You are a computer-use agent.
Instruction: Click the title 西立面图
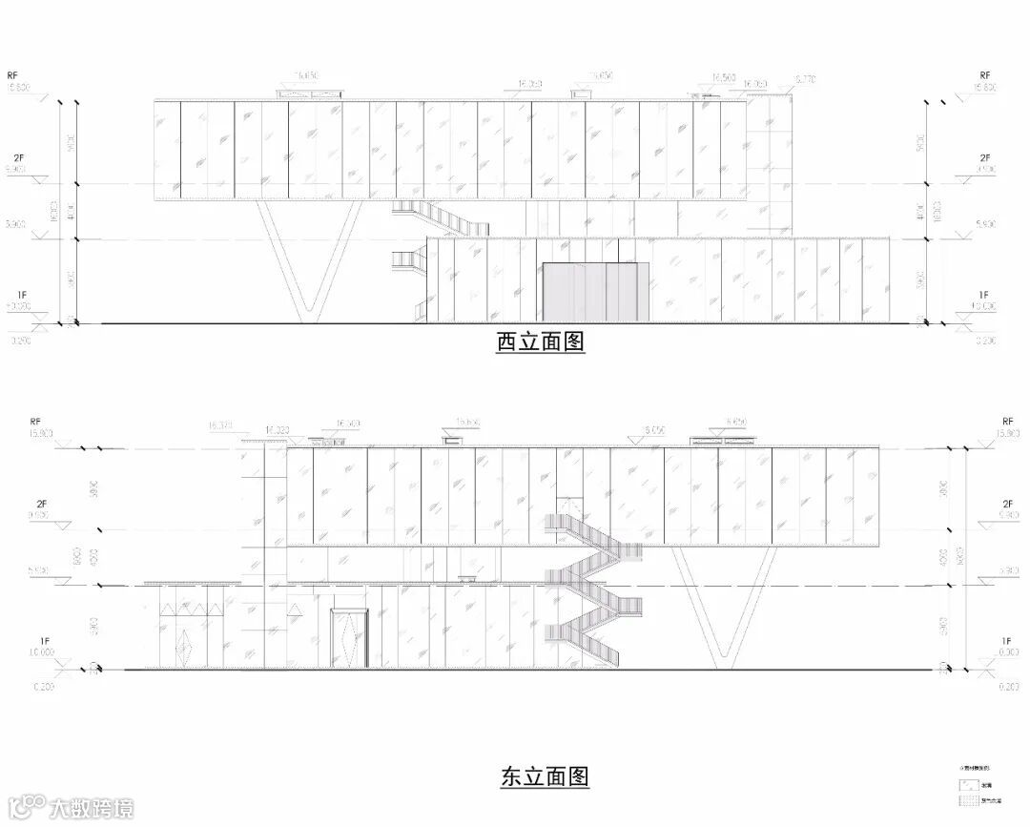540,341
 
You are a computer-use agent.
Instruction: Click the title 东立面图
545,776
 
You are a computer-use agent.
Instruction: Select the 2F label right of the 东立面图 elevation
1007,503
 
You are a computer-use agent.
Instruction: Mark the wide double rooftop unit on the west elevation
310,93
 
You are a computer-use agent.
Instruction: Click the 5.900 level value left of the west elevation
13,224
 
